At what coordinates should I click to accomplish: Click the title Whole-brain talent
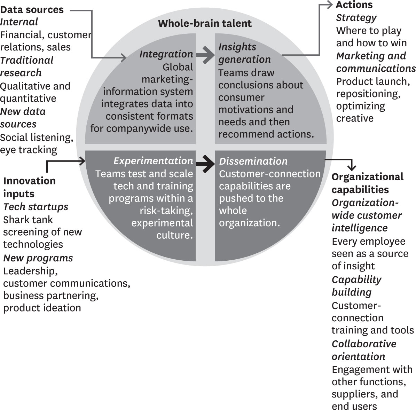[x=205, y=23]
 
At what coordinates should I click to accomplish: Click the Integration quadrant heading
[x=166, y=54]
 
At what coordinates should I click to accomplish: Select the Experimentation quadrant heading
[x=153, y=161]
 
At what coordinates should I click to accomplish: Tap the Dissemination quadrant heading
[x=253, y=161]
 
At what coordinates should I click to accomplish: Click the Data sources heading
[x=32, y=10]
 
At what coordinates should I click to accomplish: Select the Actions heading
[x=354, y=5]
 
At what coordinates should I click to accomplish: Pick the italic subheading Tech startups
[x=36, y=207]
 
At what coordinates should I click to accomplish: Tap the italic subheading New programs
[x=38, y=258]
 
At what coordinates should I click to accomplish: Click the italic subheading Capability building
[x=356, y=286]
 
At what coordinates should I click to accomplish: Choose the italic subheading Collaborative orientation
[x=364, y=350]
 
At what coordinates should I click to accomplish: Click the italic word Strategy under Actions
[x=356, y=17]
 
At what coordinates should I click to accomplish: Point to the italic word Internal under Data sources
[x=19, y=22]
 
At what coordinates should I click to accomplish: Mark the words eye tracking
[x=29, y=150]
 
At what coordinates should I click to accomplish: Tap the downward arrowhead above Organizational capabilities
[x=352, y=167]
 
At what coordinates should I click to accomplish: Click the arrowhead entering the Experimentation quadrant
[x=83, y=161]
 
